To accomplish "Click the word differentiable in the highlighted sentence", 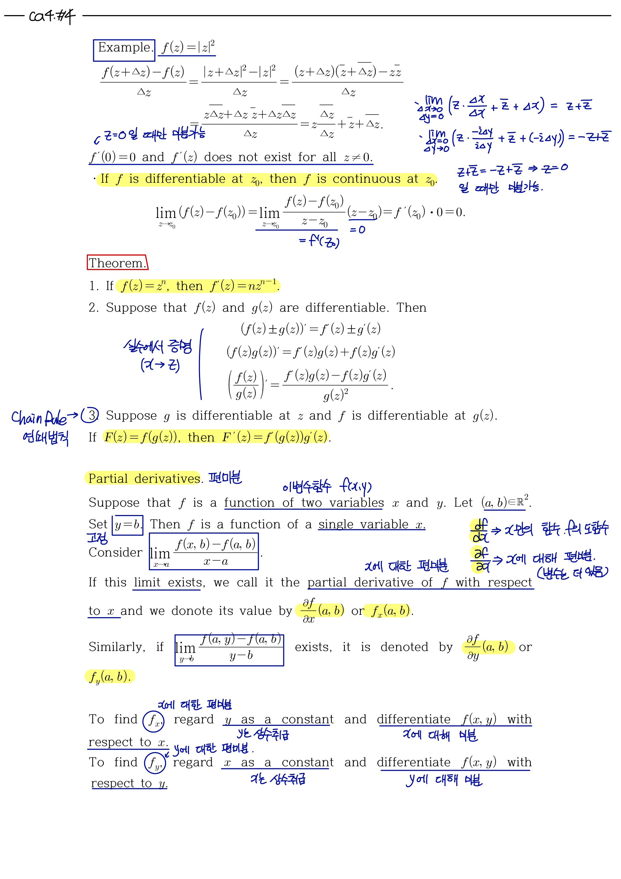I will [x=185, y=179].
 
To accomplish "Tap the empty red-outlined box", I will [x=117, y=262].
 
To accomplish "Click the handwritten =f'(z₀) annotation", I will [x=319, y=241].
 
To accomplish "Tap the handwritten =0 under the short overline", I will [x=357, y=230].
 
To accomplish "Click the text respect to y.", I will [x=129, y=783].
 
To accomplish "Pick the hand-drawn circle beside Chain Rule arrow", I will [x=90, y=415].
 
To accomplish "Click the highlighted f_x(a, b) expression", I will [x=387, y=611].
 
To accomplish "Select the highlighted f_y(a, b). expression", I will [x=110, y=677].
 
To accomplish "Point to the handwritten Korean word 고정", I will [x=97, y=538].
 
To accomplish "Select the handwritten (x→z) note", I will [x=160, y=365].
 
